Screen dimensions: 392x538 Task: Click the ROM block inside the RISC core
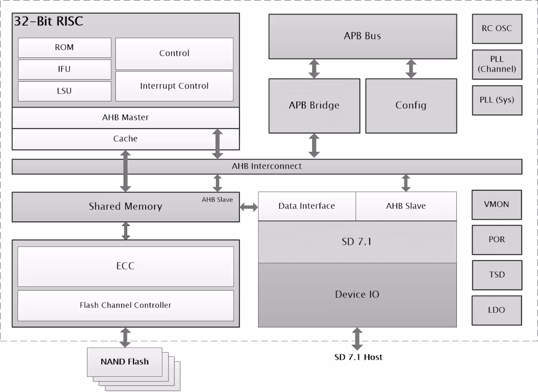pos(64,48)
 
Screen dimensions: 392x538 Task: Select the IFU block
pos(64,69)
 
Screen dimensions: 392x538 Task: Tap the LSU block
pos(64,91)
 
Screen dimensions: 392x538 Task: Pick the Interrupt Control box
pos(174,86)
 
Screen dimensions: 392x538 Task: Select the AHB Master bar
pos(126,118)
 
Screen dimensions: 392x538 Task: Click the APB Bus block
pos(362,36)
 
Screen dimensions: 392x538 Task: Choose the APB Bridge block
pos(314,105)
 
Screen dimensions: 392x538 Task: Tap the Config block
pos(411,105)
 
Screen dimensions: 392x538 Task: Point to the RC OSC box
pos(497,28)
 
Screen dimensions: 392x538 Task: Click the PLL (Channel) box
pos(497,64)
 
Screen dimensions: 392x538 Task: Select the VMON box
pos(497,204)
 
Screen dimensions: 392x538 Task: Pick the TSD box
pos(497,275)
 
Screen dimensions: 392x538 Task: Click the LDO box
pos(497,310)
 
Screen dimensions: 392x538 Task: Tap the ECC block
pos(126,266)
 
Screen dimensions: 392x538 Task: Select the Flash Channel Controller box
pos(126,305)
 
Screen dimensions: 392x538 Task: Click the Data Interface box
pos(307,206)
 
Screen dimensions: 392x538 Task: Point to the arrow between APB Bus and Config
pos(411,69)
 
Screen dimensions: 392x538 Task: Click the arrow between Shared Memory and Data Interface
pos(249,207)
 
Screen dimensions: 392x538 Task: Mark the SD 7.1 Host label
pos(358,357)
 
